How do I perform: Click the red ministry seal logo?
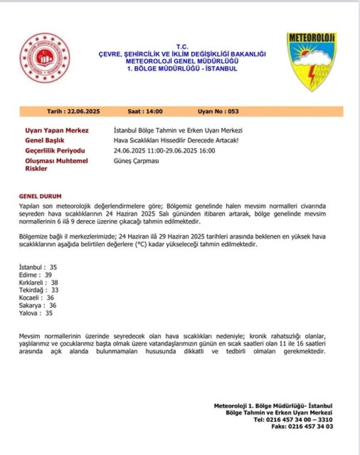point(45,58)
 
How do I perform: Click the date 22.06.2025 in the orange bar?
point(81,111)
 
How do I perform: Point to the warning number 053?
point(232,111)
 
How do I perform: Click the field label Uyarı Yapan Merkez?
point(57,131)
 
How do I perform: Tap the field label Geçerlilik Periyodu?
point(55,151)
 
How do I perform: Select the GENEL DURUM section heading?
point(40,196)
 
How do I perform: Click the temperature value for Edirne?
point(48,275)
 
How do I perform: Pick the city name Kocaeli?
point(29,298)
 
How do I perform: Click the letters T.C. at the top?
point(182,46)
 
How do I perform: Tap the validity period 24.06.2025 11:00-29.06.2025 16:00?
point(164,151)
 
